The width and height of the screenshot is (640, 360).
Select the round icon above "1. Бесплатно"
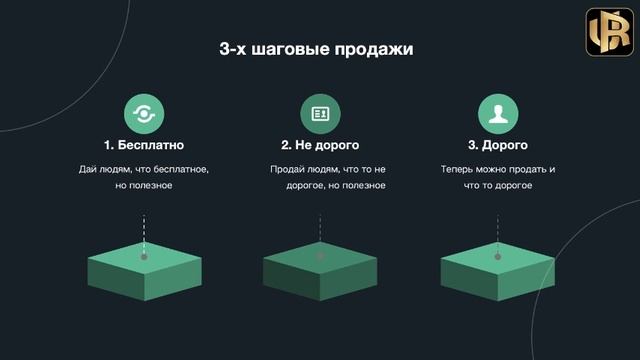144,114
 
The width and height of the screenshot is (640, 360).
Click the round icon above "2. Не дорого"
320,114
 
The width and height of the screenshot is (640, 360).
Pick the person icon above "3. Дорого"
497,114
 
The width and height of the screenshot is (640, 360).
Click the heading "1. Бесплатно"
144,145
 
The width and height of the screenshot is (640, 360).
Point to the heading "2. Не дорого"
320,145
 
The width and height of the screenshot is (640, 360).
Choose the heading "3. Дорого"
497,145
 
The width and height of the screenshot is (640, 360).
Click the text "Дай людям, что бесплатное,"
144,169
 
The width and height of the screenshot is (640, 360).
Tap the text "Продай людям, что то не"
320,169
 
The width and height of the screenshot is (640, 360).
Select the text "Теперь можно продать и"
497,169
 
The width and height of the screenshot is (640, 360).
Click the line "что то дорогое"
497,187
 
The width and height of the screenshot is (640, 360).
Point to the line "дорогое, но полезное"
320,187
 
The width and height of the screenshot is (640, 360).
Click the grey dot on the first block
144,257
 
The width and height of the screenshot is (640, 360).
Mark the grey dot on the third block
497,257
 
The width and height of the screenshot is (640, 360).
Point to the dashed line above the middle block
320,228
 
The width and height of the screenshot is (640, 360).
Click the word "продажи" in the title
375,48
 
